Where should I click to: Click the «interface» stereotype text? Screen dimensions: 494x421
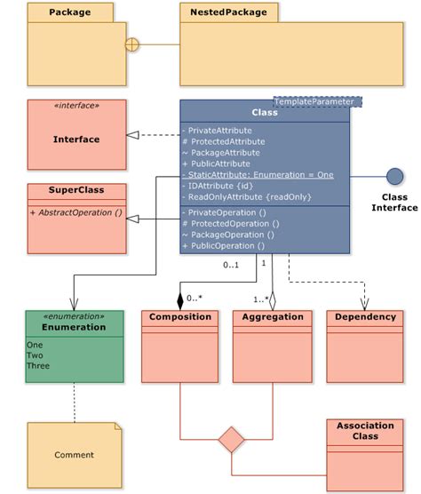75,106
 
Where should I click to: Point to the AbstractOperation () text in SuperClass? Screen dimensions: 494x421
75,213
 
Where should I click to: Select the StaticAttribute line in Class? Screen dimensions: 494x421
258,175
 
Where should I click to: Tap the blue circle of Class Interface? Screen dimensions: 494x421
394,176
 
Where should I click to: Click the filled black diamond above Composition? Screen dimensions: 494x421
180,299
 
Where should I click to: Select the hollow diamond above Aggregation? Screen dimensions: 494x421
273,299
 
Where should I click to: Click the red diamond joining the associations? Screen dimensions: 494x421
231,439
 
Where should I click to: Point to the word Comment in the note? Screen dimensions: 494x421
74,455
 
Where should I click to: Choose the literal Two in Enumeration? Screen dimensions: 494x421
35,355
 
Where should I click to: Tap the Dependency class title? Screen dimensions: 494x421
365,317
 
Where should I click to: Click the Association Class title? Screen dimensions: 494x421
365,431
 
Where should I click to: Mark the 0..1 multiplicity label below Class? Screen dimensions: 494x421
231,264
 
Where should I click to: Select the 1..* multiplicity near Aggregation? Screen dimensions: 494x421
259,299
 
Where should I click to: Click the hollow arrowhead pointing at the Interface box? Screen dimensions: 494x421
132,135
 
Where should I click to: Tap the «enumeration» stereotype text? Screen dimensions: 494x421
75,316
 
